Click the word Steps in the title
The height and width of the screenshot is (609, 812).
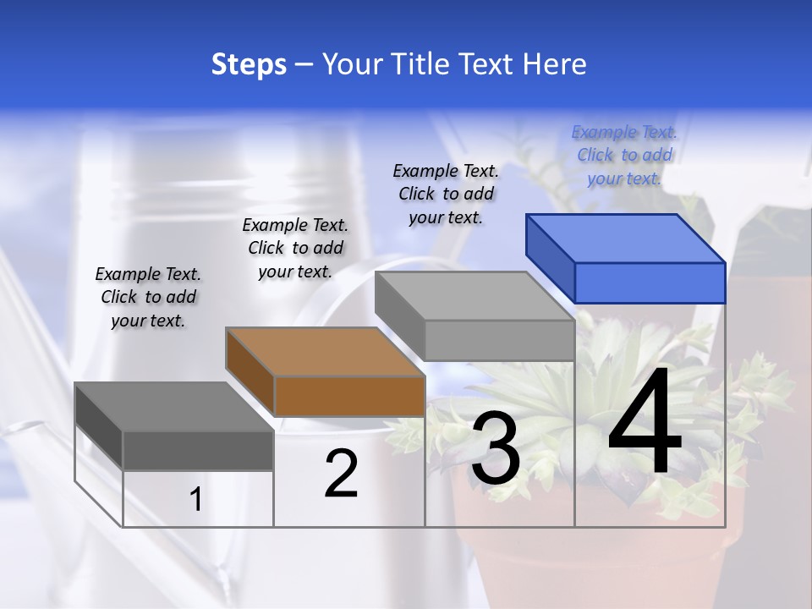249,64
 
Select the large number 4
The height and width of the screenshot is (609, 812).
645,423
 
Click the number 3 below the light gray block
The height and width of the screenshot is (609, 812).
496,448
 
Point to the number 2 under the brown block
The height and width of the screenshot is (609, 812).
341,474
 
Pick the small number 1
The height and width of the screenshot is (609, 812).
196,499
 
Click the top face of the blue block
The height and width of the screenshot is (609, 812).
626,239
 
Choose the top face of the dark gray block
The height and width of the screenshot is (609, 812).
174,407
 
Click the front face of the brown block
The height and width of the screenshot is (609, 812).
349,396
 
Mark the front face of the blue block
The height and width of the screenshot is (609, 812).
650,283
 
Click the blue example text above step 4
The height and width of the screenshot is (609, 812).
624,155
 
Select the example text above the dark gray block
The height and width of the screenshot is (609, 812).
148,297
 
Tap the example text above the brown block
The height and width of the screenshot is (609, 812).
295,248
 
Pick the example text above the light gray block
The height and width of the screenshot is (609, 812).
446,194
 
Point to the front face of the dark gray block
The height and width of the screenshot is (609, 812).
198,450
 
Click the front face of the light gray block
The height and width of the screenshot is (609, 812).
499,341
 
